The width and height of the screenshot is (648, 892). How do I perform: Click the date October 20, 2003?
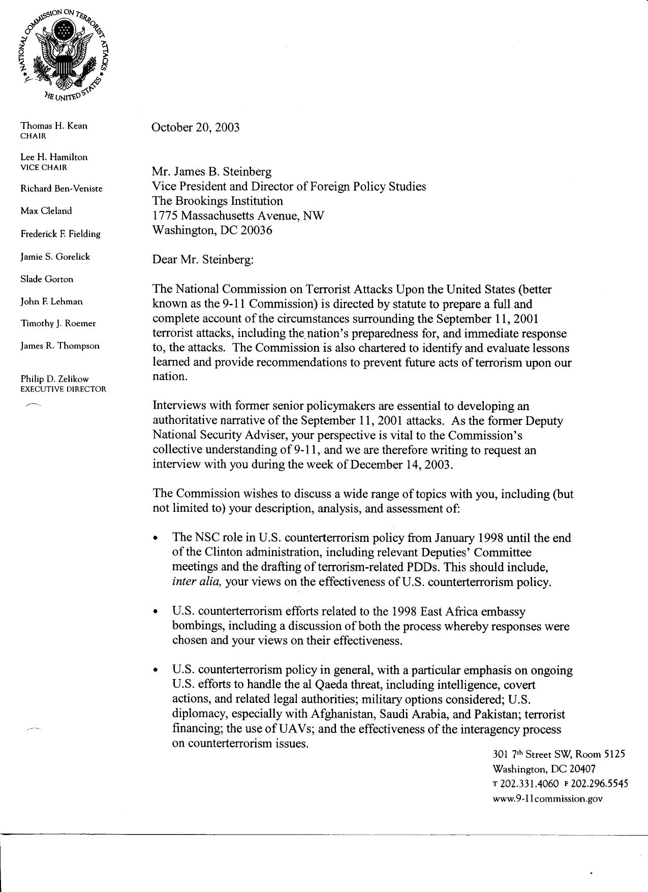tap(196, 127)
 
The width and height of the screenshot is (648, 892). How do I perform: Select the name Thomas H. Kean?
tap(53, 126)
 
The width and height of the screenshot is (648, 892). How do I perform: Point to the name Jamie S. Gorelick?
tap(55, 257)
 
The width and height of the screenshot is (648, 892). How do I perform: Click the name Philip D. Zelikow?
tap(54, 379)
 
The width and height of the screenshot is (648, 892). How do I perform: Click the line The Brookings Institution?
tap(218, 201)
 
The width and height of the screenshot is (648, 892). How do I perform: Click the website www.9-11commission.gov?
tap(547, 798)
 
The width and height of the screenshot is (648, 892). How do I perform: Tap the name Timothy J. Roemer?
tap(58, 324)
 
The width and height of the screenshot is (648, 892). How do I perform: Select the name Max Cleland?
tap(46, 211)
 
